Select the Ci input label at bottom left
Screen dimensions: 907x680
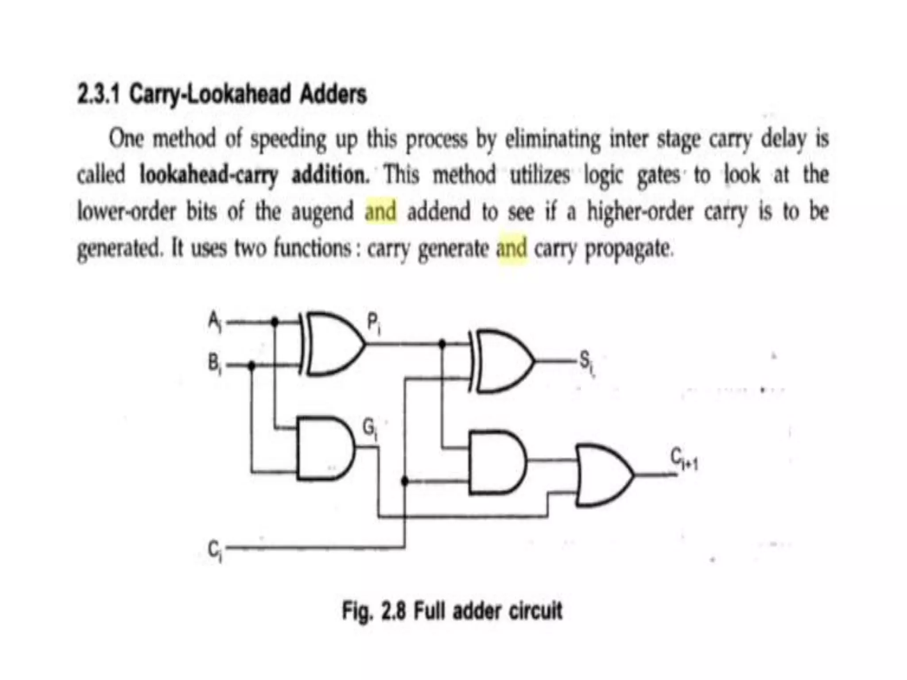[x=215, y=550]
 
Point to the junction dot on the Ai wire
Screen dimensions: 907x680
[x=275, y=321]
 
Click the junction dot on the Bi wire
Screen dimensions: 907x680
[x=252, y=365]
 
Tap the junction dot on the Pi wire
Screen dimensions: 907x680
[x=442, y=343]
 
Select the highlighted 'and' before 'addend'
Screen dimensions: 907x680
[x=380, y=211]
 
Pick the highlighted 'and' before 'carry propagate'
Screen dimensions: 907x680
[x=512, y=248]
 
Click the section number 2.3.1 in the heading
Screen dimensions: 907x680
[x=98, y=94]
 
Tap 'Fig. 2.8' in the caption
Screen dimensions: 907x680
[x=373, y=611]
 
